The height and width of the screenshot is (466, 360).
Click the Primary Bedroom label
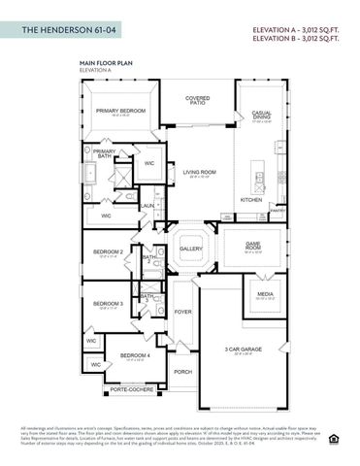click(120, 111)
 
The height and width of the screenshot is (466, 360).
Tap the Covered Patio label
click(198, 100)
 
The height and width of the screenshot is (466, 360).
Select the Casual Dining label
click(261, 115)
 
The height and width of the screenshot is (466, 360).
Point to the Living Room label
click(198, 172)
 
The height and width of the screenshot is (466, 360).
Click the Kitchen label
click(251, 200)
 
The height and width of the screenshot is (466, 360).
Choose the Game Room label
click(253, 247)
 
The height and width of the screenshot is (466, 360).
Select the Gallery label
click(190, 249)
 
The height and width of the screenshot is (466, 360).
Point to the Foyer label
click(182, 312)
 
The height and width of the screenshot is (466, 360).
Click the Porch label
click(182, 371)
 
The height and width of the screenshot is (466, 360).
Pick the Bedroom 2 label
click(108, 251)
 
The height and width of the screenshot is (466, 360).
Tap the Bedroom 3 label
click(108, 304)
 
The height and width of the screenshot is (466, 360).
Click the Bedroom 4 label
click(134, 355)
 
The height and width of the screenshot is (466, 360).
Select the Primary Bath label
click(104, 153)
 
